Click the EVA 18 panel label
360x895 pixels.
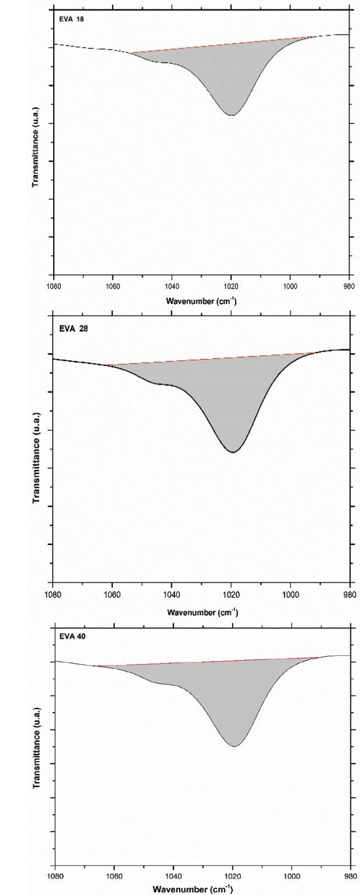(68, 19)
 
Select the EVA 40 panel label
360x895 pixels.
(69, 636)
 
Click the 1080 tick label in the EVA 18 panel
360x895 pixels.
(54, 286)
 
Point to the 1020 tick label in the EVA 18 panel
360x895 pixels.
(231, 286)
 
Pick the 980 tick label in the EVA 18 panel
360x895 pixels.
(349, 286)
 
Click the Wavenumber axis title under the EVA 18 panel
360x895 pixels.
(202, 301)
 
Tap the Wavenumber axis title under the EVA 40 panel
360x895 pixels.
(202, 889)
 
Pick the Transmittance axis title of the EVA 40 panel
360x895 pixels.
(36, 748)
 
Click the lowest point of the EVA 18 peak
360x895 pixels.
(232, 115)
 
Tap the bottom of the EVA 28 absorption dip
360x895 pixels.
(233, 452)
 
